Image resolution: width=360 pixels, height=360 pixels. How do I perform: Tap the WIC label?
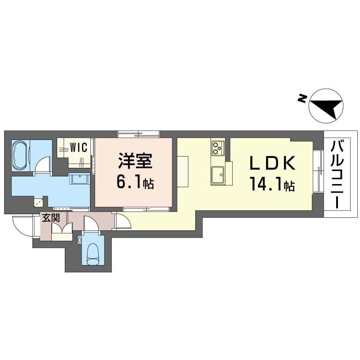pyautogui.click(x=79, y=147)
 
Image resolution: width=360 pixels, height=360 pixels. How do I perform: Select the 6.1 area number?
pyautogui.click(x=130, y=183)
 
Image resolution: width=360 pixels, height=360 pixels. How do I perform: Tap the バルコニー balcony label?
pyautogui.click(x=337, y=175)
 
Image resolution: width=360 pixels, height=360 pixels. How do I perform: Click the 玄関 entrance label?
pyautogui.click(x=51, y=218)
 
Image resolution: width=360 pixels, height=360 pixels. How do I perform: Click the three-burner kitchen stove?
pyautogui.click(x=218, y=148)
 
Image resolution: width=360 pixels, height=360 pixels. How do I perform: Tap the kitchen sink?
pyautogui.click(x=218, y=175)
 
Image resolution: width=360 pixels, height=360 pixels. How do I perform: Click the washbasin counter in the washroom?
pyautogui.click(x=79, y=178)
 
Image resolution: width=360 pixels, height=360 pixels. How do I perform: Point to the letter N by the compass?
pyautogui.click(x=302, y=99)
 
